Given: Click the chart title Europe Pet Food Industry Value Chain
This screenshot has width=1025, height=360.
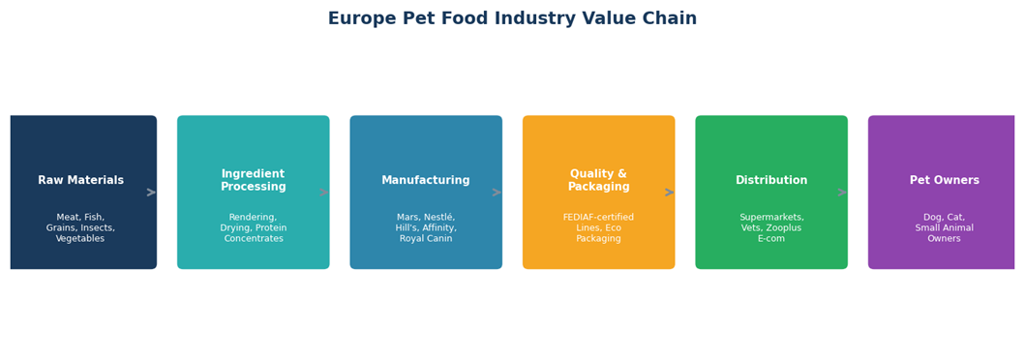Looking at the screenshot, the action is coord(513,18).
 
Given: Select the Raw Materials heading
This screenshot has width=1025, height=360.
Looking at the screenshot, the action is coord(81,180).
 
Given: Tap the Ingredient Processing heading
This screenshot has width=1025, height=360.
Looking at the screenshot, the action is coord(253,180).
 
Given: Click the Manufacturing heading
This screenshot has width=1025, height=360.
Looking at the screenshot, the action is coord(426,180).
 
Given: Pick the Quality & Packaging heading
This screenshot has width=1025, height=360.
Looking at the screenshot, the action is coord(598,180).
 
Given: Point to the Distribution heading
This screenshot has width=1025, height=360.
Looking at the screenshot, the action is coord(771,180).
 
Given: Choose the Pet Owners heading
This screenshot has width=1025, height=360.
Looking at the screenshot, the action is coord(944,180).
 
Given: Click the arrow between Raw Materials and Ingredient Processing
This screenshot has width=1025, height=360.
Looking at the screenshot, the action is coord(151,192).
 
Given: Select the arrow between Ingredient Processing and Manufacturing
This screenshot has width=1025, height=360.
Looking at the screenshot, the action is coord(323,192).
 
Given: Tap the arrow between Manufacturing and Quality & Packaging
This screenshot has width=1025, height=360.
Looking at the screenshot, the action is coord(497,192).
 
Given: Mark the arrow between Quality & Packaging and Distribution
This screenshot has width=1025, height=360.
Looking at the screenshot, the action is coord(670,192).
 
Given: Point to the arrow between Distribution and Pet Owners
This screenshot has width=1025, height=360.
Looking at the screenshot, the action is coord(842,192).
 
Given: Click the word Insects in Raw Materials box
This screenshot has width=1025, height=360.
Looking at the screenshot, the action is coord(98,228).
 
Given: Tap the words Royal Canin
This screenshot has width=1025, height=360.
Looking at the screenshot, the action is coord(426,238).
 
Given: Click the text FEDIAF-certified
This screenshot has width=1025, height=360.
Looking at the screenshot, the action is coord(598,217).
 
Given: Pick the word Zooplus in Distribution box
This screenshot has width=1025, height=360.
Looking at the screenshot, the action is coord(784,228).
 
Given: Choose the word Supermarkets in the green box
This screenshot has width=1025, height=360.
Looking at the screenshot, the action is coord(771,217).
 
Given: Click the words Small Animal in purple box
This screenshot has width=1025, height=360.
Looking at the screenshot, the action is coord(944,228).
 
